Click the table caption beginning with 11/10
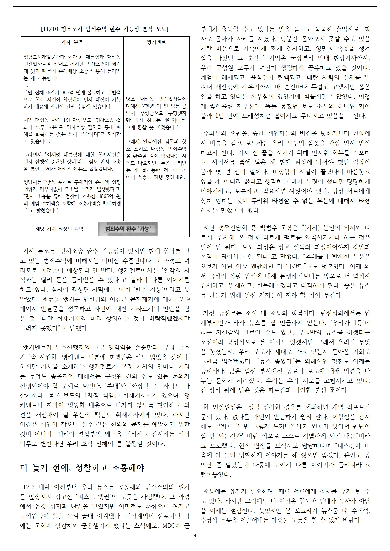[x=105, y=29]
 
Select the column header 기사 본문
[x=72, y=42]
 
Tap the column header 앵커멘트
[x=156, y=42]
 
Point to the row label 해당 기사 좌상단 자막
[x=59, y=229]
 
